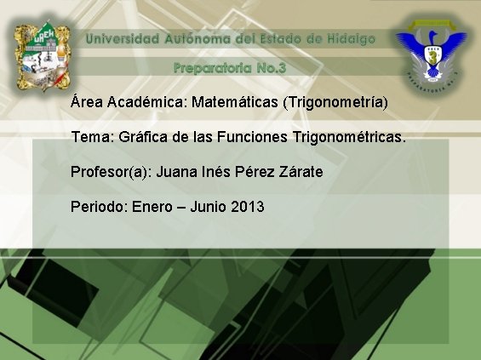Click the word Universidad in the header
(x=123, y=39)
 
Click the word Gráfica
(x=141, y=137)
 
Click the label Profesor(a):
(x=111, y=172)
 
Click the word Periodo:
(x=100, y=207)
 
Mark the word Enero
(x=152, y=207)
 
